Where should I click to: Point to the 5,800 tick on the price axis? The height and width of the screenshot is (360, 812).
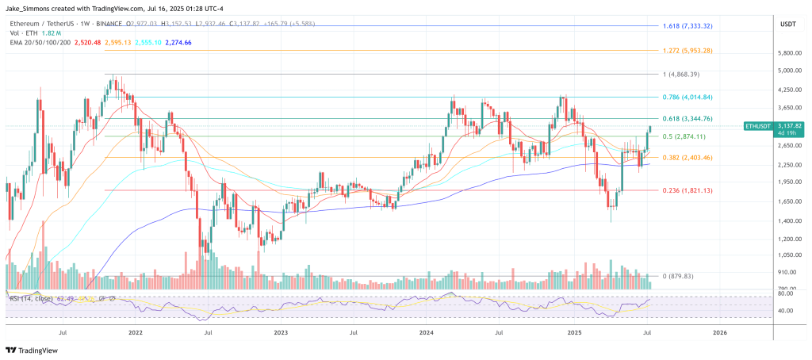point(791,53)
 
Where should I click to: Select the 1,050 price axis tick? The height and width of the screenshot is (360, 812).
point(791,255)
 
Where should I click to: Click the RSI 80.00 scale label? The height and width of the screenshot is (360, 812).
point(787,293)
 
